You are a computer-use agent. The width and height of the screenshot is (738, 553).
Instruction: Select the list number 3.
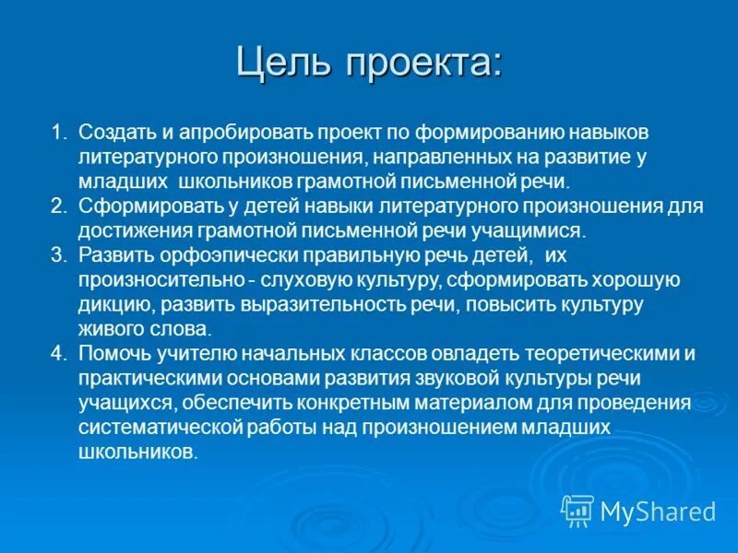[57, 254]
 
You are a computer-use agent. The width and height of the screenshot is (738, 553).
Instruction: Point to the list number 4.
[57, 353]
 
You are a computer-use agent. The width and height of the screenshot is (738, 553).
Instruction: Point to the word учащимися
[543, 230]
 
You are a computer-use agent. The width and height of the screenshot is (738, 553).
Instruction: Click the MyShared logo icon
[577, 510]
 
